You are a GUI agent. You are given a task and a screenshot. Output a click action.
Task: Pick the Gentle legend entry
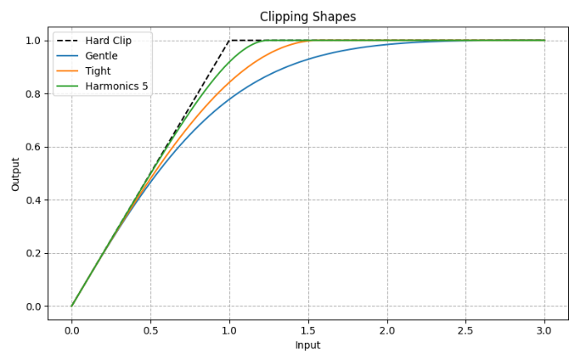(101, 55)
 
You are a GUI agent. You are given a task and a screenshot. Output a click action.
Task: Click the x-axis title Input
(308, 344)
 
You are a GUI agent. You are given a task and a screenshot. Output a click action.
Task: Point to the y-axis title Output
(16, 173)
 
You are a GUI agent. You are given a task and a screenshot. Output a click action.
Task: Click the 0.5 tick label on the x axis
(150, 329)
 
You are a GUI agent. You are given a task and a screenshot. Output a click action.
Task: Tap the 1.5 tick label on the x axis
(308, 329)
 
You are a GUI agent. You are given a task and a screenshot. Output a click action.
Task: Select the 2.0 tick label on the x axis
(387, 329)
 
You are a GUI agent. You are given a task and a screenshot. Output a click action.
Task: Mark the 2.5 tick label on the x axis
(466, 329)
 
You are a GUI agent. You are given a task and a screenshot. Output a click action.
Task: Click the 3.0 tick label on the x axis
(545, 329)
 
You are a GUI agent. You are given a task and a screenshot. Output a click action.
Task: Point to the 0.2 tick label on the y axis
(32, 253)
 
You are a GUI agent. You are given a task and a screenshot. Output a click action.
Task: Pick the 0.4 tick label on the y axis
(32, 200)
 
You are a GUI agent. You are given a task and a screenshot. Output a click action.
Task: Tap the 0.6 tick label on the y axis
(32, 147)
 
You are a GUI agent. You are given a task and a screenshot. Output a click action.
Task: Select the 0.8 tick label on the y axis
(32, 94)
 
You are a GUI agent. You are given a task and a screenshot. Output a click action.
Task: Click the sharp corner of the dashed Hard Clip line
(229, 40)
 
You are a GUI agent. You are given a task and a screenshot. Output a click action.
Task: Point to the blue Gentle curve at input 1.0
(229, 100)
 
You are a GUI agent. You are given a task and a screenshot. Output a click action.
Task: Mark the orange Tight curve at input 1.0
(229, 82)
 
